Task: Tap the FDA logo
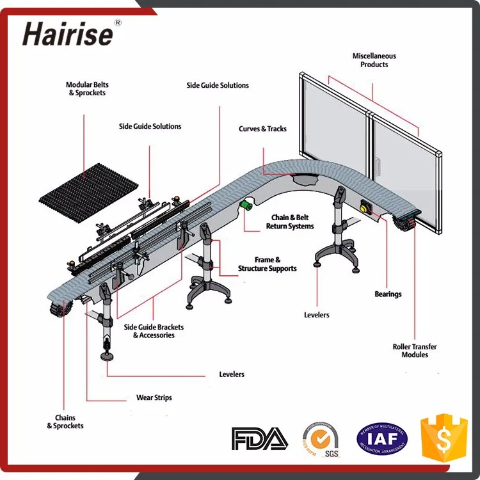point(259,438)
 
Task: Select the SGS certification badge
point(320,439)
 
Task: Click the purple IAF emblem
point(382,438)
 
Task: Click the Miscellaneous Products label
point(374,60)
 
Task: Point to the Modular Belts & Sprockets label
point(87,89)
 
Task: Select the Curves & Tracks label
point(263,129)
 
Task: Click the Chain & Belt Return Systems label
point(292,222)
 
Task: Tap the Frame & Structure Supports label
point(268,264)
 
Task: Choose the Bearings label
point(388,294)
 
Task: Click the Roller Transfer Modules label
point(415,351)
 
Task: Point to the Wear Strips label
point(154,397)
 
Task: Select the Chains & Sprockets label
point(65,422)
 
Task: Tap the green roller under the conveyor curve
point(245,204)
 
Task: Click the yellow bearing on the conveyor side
point(366,207)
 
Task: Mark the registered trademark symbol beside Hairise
point(117,23)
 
